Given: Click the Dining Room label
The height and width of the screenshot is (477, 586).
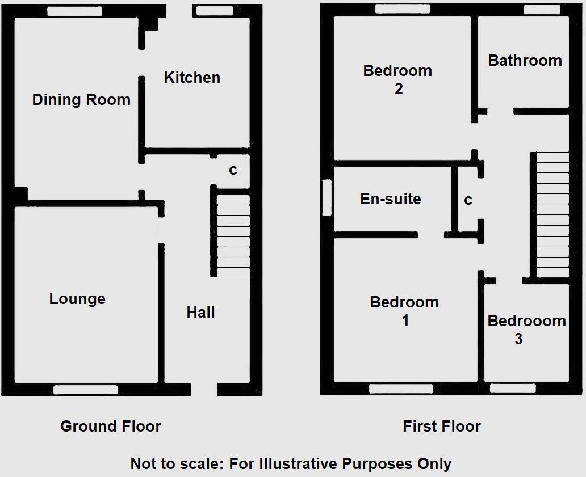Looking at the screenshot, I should click(81, 100).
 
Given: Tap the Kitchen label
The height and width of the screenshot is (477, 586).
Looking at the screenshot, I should click(192, 78).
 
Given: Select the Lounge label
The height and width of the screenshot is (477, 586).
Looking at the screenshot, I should click(77, 299).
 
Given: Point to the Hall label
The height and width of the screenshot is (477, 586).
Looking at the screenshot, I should click(201, 312).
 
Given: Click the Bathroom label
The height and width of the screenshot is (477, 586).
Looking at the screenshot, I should click(525, 61).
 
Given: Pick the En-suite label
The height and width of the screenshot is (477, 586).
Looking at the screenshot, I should click(391, 199).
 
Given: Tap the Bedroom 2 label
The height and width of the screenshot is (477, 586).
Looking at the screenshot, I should click(397, 79).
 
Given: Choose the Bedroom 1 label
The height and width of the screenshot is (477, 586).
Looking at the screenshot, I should click(404, 311).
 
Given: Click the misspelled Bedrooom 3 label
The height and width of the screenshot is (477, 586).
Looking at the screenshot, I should click(526, 330).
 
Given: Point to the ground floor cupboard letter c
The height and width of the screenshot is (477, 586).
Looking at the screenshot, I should click(233, 170).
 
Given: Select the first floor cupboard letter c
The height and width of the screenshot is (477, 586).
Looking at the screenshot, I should click(468, 200).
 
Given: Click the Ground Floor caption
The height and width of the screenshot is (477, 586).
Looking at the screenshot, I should click(111, 427).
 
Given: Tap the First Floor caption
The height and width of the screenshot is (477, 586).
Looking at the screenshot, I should click(442, 427).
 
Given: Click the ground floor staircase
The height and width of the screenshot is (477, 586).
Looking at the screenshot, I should click(233, 236).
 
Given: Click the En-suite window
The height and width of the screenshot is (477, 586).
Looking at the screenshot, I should click(327, 197).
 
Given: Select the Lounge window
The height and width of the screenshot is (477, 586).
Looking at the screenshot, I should click(86, 390).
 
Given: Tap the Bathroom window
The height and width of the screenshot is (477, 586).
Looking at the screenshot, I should click(541, 9).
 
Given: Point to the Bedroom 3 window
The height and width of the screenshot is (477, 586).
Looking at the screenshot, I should click(512, 389).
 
